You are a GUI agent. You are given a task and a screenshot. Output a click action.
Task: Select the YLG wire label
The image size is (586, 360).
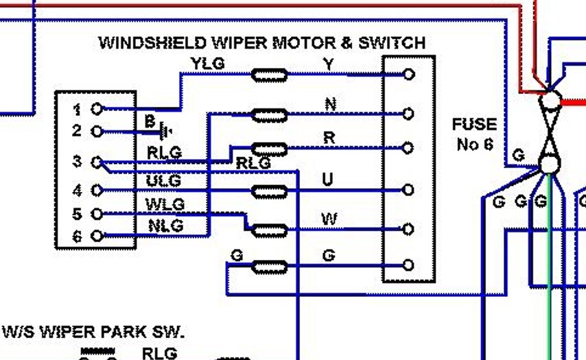207,64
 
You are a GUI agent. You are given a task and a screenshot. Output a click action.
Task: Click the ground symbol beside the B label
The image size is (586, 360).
165,130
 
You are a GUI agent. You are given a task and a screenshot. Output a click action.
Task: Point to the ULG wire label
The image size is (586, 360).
163,181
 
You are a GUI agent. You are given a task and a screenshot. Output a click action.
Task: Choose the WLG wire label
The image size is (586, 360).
165,204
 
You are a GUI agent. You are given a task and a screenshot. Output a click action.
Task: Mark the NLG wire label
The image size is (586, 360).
165,225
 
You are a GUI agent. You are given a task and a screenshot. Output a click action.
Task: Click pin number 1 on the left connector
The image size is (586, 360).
77,109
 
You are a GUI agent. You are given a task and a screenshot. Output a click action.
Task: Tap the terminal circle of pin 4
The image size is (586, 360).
97,190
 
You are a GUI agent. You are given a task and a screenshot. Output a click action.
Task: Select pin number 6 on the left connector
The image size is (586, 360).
77,237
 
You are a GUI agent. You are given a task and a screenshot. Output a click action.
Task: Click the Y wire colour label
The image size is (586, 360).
328,64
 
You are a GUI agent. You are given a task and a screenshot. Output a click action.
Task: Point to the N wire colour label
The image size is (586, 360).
330,104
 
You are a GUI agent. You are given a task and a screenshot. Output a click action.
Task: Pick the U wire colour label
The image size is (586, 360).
328,180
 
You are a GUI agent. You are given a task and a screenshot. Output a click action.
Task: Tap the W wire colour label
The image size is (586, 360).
329,219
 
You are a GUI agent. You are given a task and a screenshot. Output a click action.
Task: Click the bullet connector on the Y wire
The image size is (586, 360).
270,75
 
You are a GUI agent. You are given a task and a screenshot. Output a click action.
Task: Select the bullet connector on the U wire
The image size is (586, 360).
270,191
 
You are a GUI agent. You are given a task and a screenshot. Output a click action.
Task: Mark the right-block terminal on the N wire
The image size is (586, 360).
408,114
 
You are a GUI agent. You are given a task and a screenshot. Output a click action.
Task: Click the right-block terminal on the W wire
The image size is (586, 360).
408,229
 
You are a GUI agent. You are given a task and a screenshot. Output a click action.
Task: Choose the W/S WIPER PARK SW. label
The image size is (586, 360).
93,333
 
